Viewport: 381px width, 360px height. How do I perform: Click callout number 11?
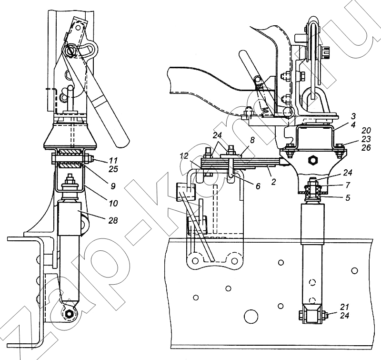pos(113,161)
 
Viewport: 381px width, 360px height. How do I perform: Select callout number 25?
pos(113,169)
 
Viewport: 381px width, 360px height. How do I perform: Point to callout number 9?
pos(112,186)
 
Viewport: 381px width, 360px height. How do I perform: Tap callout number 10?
pos(113,203)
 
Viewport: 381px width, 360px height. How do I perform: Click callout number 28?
pos(113,220)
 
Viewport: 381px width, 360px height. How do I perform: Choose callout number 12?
pos(184,156)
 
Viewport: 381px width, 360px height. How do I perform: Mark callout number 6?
pos(258,186)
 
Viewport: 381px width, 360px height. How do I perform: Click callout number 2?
pos(273,182)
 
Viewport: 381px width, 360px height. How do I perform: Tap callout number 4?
pos(353,125)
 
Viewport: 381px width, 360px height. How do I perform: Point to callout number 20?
pos(366,131)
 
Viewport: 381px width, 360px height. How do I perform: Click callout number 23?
pos(366,139)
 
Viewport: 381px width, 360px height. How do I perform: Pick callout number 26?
pos(366,147)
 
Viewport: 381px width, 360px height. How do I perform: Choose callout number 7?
pos(348,185)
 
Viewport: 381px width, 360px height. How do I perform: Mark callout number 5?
pos(348,197)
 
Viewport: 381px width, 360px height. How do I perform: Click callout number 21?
pos(344,307)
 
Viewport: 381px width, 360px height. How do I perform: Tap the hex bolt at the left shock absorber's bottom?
pos(70,314)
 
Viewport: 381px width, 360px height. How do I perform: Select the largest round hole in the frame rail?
pos(251,316)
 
